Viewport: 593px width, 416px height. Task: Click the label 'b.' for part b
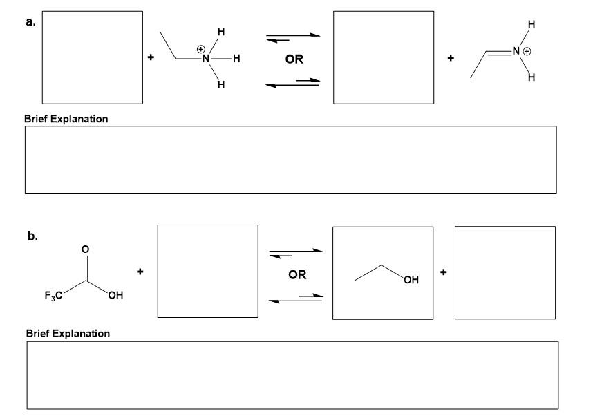pos(32,236)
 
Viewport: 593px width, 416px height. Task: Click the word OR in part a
pos(294,59)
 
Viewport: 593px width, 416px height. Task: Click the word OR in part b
pos(297,274)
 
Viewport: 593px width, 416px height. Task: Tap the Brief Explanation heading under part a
pos(66,119)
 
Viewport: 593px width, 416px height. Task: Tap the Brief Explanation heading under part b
pos(68,334)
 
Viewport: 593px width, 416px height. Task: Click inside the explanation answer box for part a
pos(290,160)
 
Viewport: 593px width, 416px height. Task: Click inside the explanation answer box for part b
pos(292,375)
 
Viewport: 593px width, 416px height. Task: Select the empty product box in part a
pos(384,57)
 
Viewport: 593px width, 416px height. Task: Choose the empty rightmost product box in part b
pos(505,273)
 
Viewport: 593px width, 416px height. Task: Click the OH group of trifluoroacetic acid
pos(115,296)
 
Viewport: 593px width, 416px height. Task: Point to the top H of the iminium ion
pos(531,25)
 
